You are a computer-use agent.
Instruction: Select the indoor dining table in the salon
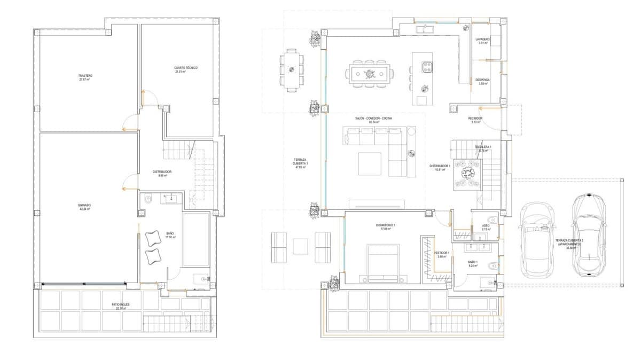(x=369, y=73)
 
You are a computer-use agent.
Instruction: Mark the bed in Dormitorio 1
(x=383, y=263)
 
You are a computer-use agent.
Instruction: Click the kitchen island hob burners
(x=427, y=66)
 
